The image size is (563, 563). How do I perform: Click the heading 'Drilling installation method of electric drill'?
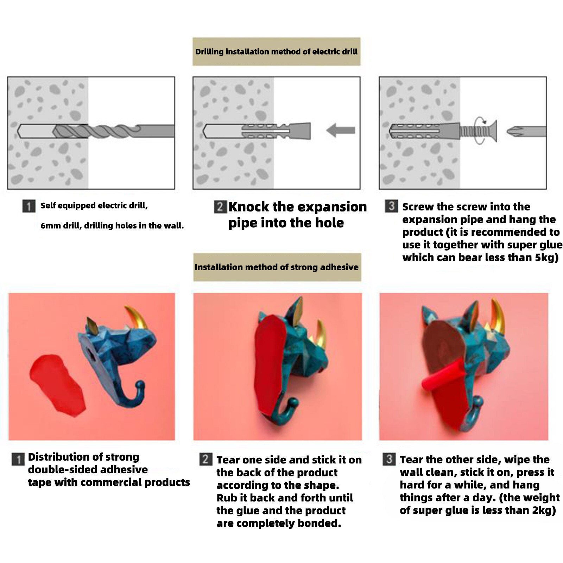(x=276, y=52)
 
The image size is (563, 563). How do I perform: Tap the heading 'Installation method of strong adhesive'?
(x=277, y=267)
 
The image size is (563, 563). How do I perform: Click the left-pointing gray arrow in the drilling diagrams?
(x=341, y=131)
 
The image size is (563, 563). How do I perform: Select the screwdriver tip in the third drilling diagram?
(x=526, y=132)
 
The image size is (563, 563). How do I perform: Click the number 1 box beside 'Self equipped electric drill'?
(x=29, y=206)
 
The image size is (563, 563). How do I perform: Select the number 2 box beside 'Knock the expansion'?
(x=220, y=207)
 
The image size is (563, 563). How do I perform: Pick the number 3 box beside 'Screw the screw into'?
(x=391, y=206)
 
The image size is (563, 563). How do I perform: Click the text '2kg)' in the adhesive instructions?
(x=544, y=510)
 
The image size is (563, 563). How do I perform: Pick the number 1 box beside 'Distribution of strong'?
(x=18, y=459)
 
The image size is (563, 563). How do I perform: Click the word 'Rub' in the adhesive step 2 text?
(x=226, y=498)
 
